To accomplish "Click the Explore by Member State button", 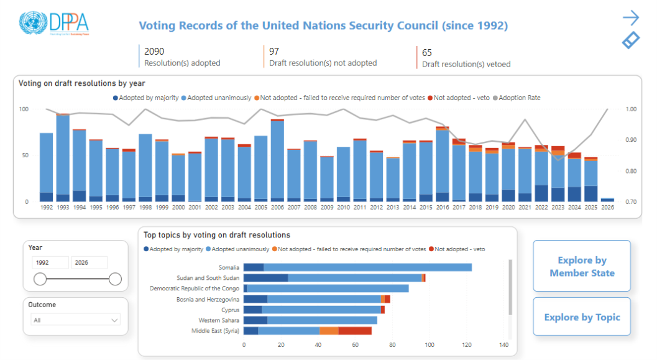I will [582, 267].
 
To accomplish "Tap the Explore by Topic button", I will [582, 317].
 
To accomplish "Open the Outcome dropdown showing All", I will [75, 320].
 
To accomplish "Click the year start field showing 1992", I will [50, 262].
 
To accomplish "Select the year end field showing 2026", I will [89, 262].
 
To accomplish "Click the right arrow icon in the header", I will [631, 17].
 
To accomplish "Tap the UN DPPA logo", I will [54, 23].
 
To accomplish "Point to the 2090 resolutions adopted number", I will [154, 52].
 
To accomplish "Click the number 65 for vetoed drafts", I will [427, 53].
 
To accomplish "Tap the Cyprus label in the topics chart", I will [230, 310].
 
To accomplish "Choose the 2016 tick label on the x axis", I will [442, 208].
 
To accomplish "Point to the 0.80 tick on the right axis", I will [630, 171].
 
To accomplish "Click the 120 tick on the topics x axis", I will [467, 345].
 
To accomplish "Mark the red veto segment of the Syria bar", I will [355, 331].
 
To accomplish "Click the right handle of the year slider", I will [115, 279].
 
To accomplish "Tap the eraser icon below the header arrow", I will [631, 40].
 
